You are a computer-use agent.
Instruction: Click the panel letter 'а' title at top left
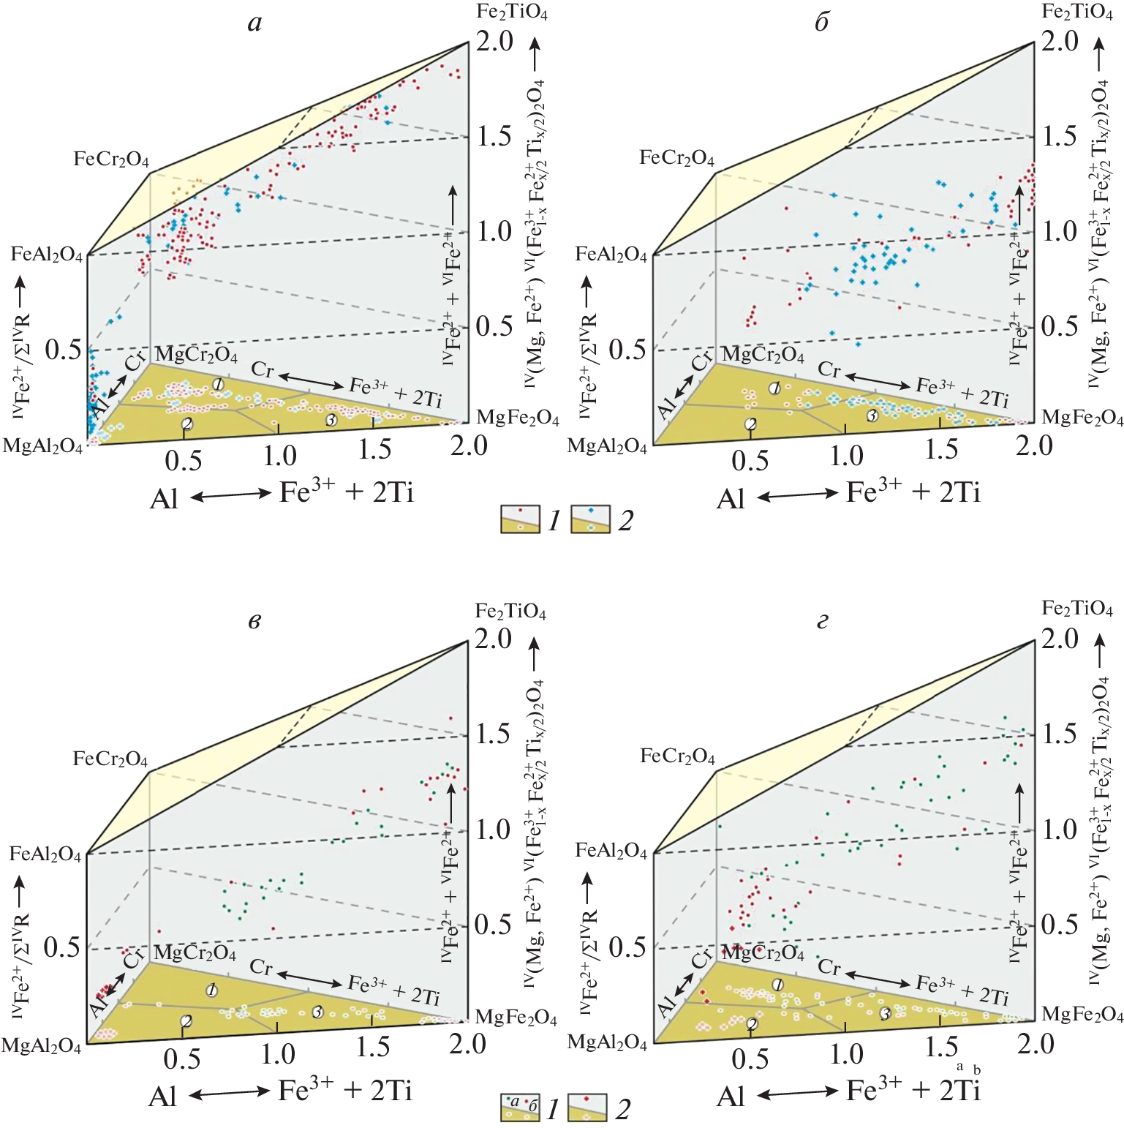point(254,23)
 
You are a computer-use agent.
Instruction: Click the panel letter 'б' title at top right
point(822,23)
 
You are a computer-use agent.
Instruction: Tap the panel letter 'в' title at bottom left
point(254,622)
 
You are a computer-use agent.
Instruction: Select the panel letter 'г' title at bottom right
point(822,622)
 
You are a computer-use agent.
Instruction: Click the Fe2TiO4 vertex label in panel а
point(511,12)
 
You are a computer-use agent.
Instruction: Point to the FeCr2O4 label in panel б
point(676,158)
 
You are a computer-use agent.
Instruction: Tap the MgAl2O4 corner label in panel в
point(41,1046)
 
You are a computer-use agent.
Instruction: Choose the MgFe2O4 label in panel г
point(1082,1015)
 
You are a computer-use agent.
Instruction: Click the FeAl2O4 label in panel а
point(47,255)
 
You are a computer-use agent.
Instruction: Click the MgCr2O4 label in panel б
point(763,355)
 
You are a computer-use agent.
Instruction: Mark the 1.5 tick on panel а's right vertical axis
point(495,136)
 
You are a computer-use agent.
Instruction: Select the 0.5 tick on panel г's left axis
point(627,947)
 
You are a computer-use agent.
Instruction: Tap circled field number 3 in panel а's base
point(331,420)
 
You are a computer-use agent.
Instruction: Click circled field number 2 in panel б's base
point(750,424)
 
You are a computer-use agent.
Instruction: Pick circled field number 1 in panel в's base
point(212,990)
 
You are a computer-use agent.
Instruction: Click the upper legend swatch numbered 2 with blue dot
point(590,519)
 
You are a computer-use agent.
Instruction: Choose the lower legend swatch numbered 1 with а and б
point(520,1108)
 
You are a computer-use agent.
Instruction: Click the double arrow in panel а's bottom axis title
point(231,496)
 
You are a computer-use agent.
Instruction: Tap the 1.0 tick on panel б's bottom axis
point(846,456)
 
